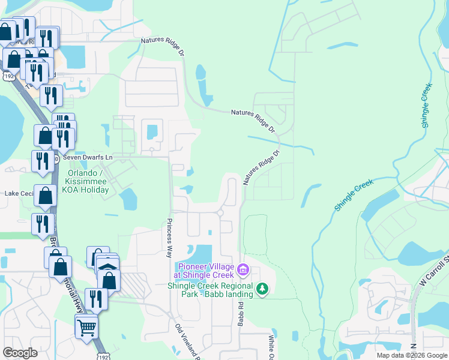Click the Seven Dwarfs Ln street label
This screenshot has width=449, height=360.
pyautogui.click(x=88, y=157)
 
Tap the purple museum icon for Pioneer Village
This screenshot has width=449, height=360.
pyautogui.click(x=243, y=271)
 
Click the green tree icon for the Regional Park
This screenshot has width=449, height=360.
pyautogui.click(x=262, y=290)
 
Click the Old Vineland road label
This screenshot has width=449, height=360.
pyautogui.click(x=187, y=342)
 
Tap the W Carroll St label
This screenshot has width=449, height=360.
pyautogui.click(x=435, y=270)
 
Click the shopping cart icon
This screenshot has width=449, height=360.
pyautogui.click(x=86, y=328)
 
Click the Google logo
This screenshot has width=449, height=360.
pyautogui.click(x=20, y=353)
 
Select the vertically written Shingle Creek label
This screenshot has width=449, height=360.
pyautogui.click(x=426, y=106)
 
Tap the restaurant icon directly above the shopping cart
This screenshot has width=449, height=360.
pyautogui.click(x=96, y=298)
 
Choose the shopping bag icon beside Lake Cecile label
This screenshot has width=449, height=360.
pyautogui.click(x=46, y=195)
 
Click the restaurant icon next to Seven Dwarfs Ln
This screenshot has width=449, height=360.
pyautogui.click(x=42, y=161)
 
